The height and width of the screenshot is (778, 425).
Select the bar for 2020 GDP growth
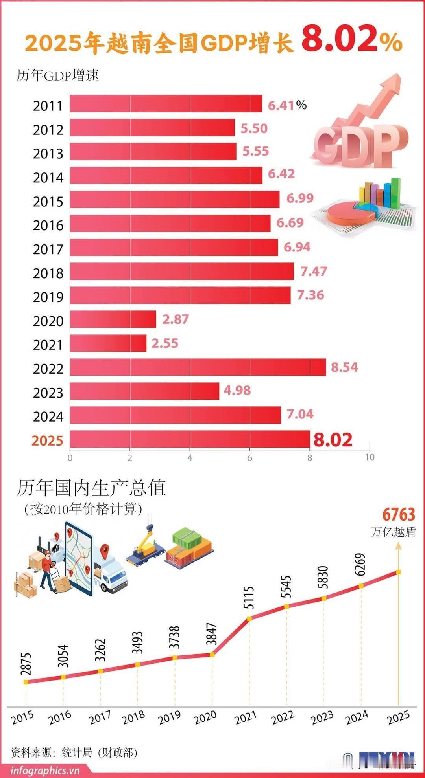point(113,319)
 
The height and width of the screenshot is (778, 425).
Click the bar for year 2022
point(198,367)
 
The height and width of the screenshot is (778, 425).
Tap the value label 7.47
point(314,272)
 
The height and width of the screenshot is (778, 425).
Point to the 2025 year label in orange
point(48,440)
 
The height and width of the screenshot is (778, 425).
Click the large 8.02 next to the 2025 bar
point(333,440)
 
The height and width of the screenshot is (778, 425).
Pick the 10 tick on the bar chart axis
point(370,457)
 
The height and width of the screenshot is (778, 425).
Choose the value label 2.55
point(165,343)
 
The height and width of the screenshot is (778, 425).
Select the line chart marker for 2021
point(249,619)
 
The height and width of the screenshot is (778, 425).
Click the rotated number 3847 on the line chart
point(212,634)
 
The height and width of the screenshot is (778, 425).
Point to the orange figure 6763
point(398,515)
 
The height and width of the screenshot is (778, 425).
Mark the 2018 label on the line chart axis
point(133,718)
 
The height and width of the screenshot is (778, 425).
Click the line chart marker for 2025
point(398,572)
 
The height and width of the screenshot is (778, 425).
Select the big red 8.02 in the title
point(340,40)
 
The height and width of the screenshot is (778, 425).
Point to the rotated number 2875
point(26,664)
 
